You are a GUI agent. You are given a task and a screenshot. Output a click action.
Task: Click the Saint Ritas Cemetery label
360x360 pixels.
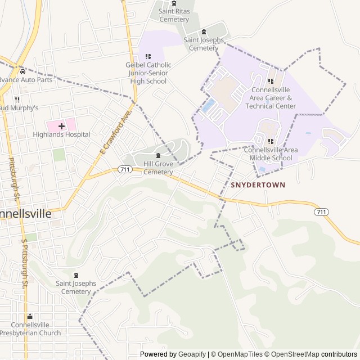click(x=174, y=15)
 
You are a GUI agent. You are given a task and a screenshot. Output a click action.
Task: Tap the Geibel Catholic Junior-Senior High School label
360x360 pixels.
click(x=148, y=73)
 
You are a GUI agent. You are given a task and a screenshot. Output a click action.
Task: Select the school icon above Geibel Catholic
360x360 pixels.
click(x=148, y=56)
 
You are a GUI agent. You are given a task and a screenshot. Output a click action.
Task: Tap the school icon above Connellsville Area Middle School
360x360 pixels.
click(x=271, y=141)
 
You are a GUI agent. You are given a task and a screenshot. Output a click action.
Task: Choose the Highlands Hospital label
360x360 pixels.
click(x=61, y=134)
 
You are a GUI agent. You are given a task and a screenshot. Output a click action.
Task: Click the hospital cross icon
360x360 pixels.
click(x=61, y=126)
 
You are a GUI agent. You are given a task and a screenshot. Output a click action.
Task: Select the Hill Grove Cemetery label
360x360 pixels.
click(x=158, y=168)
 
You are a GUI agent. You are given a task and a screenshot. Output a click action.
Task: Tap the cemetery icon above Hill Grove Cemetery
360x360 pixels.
click(x=158, y=155)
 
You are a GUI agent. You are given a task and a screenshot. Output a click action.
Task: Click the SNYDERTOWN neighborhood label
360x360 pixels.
click(x=258, y=184)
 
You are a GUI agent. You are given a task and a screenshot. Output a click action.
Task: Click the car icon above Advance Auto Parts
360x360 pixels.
click(x=22, y=71)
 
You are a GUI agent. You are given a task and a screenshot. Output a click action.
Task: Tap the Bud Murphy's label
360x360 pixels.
click(x=19, y=107)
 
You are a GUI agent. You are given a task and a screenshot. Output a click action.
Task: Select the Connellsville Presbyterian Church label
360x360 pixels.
click(x=30, y=329)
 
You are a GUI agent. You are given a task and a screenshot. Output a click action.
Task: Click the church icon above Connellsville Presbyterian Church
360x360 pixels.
click(x=30, y=317)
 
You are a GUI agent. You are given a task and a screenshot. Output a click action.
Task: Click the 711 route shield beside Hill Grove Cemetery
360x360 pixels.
click(x=125, y=169)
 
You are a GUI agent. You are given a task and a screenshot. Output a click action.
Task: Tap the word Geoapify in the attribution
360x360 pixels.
click(x=192, y=354)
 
